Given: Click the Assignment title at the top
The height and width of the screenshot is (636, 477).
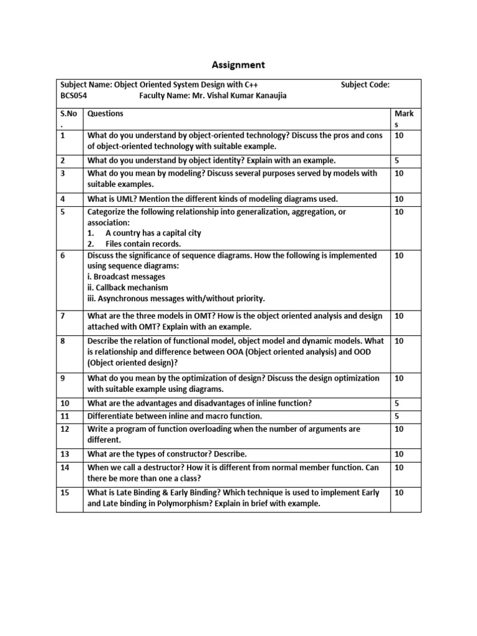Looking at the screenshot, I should (239, 65).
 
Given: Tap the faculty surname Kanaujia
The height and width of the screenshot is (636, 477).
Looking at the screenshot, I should (268, 96).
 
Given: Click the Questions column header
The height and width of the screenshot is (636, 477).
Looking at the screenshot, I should (106, 114).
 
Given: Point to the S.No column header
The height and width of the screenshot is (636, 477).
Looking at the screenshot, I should (66, 114).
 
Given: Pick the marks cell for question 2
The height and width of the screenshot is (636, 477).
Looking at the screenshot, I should (397, 160).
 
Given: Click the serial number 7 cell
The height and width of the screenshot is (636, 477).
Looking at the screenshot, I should (63, 316).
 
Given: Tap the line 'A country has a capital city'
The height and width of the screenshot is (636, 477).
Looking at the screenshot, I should (153, 233).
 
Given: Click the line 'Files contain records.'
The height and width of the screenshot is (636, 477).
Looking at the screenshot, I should (143, 243).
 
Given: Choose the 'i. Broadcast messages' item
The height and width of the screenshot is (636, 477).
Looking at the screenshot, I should (126, 276).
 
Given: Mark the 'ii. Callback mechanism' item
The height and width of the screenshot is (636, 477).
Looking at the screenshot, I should (128, 288).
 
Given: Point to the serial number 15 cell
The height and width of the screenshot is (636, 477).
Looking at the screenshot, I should (65, 493).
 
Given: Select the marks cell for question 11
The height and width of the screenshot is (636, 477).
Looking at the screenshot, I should (397, 416).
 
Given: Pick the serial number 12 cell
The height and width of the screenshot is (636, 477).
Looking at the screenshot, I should (65, 429).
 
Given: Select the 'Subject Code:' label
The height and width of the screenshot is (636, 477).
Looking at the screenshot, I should (365, 85).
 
